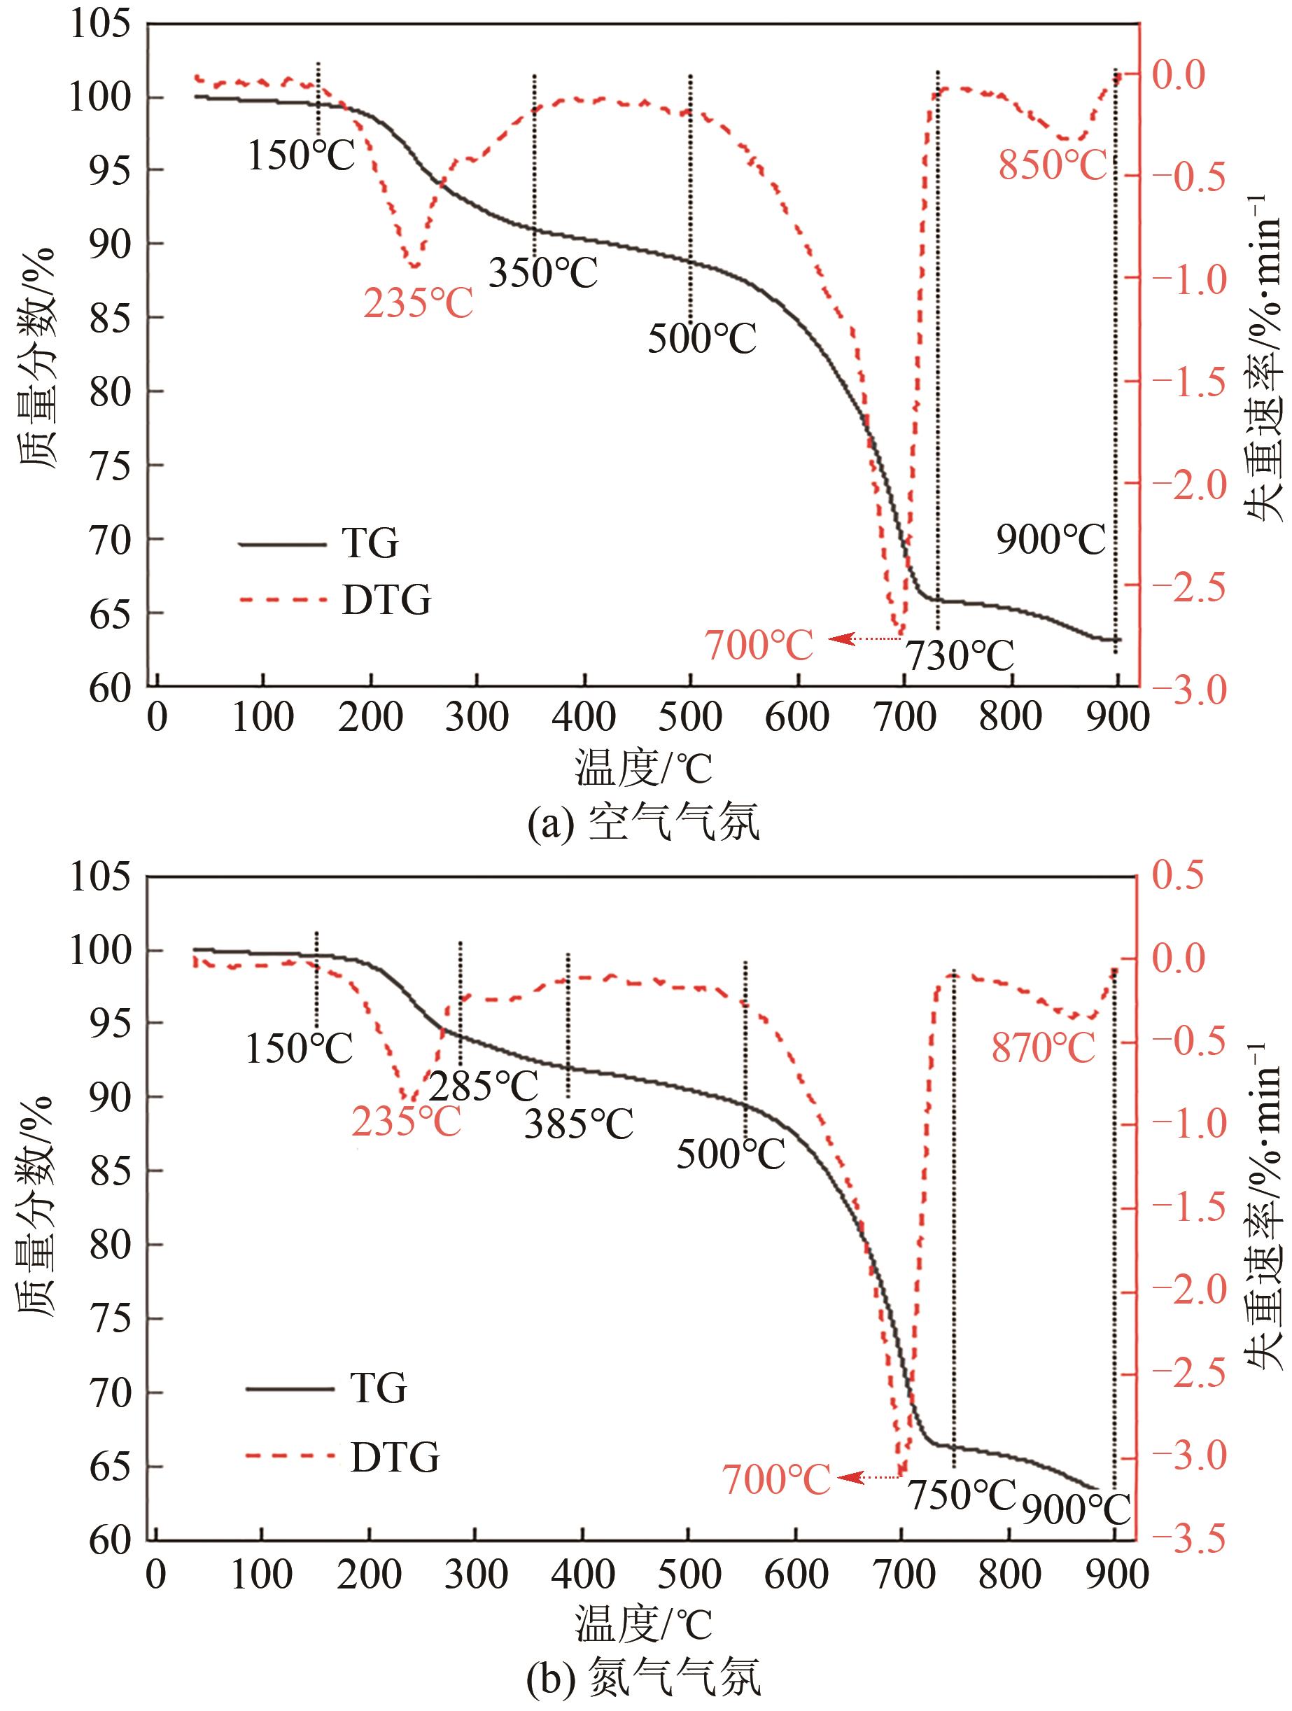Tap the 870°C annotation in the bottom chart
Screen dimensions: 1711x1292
click(x=1044, y=1049)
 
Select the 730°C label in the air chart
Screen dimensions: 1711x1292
click(x=959, y=657)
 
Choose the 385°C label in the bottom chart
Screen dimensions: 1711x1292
click(x=579, y=1124)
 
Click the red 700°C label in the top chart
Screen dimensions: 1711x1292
click(x=759, y=645)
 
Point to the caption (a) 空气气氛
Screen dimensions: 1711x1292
click(x=643, y=823)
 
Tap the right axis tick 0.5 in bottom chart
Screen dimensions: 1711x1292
click(x=1179, y=876)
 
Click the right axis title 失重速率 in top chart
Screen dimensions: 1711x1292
click(x=1263, y=356)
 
